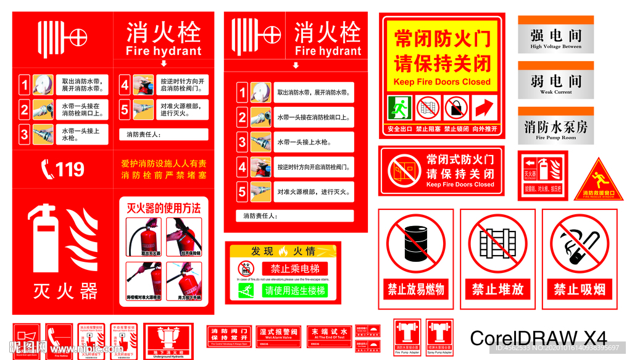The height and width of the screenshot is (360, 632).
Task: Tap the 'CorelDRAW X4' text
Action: (538, 338)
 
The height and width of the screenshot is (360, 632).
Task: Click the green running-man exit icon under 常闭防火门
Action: (399, 108)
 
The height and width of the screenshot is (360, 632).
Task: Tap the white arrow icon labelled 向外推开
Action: (485, 108)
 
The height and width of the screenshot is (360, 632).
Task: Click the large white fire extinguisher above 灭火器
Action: (46, 238)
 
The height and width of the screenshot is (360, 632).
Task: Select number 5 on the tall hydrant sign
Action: (243, 191)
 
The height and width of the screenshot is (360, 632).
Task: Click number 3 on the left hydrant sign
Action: (25, 134)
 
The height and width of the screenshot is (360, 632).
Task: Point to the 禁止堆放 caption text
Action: (497, 289)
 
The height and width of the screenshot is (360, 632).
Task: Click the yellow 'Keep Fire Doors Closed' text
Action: (442, 82)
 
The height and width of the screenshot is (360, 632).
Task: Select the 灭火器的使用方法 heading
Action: (164, 209)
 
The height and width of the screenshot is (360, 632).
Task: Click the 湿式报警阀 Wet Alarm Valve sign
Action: (278, 334)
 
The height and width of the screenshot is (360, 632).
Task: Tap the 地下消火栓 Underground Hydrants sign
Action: (168, 339)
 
